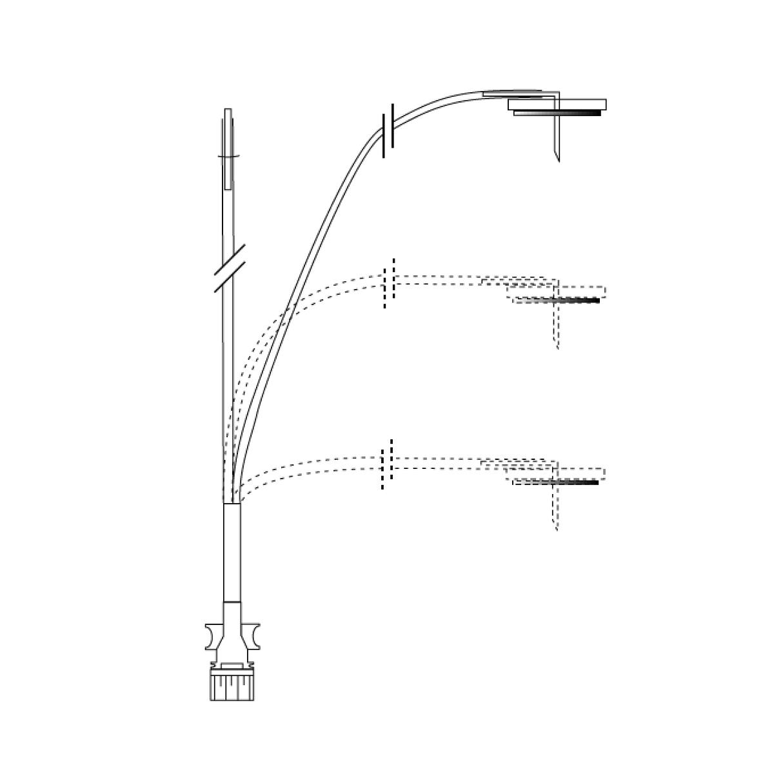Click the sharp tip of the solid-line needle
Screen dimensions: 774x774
[558, 160]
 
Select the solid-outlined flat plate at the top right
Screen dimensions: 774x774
[558, 103]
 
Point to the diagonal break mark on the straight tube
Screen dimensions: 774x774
[231, 268]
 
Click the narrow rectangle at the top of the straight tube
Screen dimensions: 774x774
[228, 148]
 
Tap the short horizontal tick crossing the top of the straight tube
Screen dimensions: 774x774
[229, 156]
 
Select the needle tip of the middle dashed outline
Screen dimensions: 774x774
[557, 348]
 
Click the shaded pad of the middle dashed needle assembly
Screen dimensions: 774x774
[557, 300]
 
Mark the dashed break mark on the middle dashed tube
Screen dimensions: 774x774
[388, 284]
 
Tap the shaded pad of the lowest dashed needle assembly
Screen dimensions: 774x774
[555, 482]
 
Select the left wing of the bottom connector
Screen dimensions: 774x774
[213, 636]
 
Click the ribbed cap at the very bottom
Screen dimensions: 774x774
[232, 685]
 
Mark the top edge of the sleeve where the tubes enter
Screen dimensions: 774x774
[232, 504]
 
